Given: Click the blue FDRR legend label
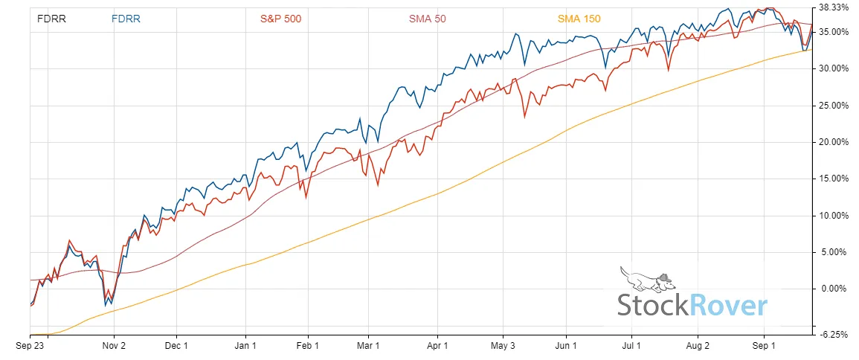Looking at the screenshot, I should (x=126, y=19).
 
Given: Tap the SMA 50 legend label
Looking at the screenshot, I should (x=428, y=19).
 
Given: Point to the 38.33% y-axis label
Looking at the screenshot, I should (x=833, y=7).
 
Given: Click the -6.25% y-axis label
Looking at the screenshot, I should (x=834, y=335).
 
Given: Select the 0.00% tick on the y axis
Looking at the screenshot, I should (x=833, y=289).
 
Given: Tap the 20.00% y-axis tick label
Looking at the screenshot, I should (x=833, y=142).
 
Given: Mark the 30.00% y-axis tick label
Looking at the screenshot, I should (x=833, y=68).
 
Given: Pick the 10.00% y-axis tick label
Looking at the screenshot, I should (x=833, y=216).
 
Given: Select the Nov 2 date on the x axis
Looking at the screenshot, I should (x=113, y=346).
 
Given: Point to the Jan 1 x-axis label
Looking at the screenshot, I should (x=245, y=346).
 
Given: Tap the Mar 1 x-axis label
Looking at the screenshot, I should (x=369, y=346).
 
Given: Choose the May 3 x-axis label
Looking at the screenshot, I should (x=504, y=346).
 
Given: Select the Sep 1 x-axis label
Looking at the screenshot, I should (x=764, y=346).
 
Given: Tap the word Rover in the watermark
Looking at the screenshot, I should (x=729, y=306).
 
